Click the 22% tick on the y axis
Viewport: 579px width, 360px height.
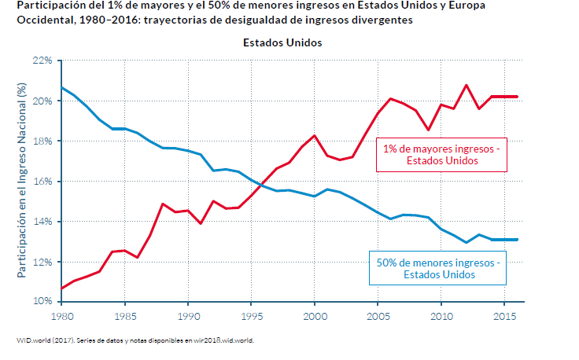point(42,61)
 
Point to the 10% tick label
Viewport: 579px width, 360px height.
point(42,302)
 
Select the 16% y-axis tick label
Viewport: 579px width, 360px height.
point(42,181)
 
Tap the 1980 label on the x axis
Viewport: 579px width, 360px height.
point(61,316)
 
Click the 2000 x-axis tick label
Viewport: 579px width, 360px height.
point(315,316)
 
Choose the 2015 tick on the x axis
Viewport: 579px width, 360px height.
point(504,316)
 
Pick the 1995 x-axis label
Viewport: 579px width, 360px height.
point(251,316)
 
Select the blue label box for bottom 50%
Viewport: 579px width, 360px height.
point(438,269)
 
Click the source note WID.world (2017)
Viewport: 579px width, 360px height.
point(47,340)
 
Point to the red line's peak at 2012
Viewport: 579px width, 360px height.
point(467,85)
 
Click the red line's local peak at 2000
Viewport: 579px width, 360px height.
point(315,136)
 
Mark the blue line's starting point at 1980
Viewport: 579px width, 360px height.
point(61,86)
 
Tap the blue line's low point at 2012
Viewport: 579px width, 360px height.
point(467,242)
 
